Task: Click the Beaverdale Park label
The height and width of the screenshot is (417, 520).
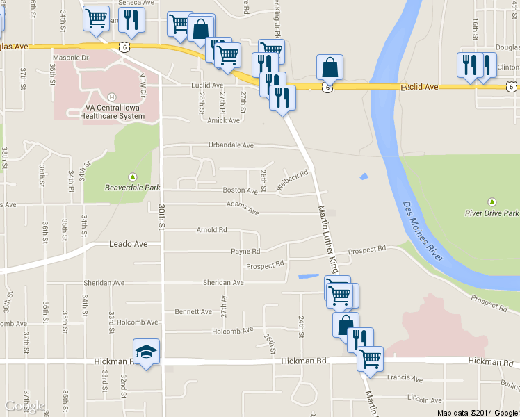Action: click(133, 187)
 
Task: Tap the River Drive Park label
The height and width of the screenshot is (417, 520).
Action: click(492, 213)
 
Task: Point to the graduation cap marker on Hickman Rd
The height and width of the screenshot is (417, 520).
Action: click(146, 352)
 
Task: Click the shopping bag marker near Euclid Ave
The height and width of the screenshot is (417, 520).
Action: click(330, 68)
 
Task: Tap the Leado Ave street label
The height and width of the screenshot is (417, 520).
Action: click(129, 244)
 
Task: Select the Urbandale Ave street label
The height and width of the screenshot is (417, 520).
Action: click(231, 145)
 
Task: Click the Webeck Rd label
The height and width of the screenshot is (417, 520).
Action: click(292, 180)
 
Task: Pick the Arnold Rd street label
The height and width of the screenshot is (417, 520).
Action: click(212, 229)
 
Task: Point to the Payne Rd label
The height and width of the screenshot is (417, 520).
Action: click(246, 251)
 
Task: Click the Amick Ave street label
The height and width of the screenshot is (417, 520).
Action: click(223, 120)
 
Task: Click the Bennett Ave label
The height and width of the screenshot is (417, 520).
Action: click(193, 311)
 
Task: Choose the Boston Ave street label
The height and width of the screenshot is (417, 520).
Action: click(240, 190)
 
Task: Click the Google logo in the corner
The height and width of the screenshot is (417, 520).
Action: click(24, 406)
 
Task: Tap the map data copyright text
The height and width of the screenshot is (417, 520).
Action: click(478, 412)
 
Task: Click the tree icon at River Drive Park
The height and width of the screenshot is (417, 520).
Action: click(492, 201)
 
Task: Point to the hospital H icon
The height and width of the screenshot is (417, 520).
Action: click(112, 96)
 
